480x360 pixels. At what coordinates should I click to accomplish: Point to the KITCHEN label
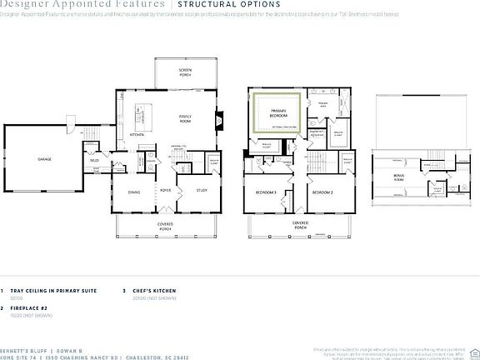pos(137,134)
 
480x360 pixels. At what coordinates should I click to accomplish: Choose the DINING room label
pos(133,192)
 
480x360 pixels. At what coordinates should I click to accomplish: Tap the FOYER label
pos(166,189)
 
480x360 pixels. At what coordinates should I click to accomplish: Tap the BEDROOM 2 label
pos(322,192)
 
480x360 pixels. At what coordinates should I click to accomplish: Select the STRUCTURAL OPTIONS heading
pos(218,4)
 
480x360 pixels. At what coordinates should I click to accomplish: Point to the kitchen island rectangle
pos(156,110)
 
